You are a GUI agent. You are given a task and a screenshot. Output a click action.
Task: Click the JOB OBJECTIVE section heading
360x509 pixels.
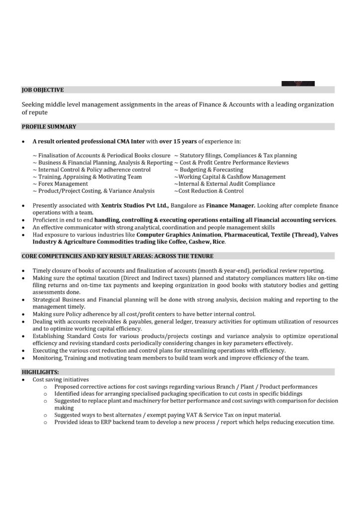point(43,90)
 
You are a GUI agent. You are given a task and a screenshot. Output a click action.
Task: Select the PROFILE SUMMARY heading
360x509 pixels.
point(49,127)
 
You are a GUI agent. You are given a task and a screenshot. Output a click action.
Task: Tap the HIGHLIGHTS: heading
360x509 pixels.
point(40,372)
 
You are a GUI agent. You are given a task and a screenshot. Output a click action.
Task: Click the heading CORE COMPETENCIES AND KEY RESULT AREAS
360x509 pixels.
point(117,256)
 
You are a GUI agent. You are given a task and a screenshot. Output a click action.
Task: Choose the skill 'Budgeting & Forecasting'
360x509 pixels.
point(211,170)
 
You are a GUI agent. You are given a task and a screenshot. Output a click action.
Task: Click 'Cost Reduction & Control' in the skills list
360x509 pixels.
point(211,191)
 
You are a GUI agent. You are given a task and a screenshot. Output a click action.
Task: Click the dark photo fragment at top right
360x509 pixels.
point(298,84)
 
